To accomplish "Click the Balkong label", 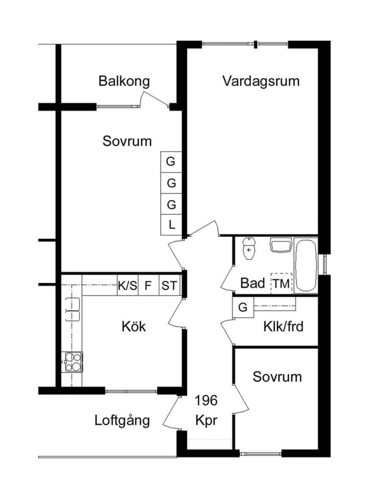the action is click(x=124, y=81).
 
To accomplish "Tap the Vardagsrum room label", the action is click(x=261, y=81).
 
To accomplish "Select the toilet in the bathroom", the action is click(x=249, y=249).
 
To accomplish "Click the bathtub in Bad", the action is click(x=305, y=266).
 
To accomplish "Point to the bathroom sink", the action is click(x=280, y=245).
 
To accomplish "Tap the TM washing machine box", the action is click(x=281, y=283).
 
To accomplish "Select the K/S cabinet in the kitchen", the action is click(x=128, y=285).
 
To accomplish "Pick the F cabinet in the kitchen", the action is click(x=149, y=285).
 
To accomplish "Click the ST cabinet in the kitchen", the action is click(x=170, y=285).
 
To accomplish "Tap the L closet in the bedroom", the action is click(x=171, y=225).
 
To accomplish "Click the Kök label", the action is click(x=134, y=326).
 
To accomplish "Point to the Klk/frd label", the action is click(x=283, y=327).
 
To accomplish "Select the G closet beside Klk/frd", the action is click(x=243, y=307).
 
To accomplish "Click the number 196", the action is click(x=206, y=400).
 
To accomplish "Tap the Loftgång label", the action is click(x=122, y=421).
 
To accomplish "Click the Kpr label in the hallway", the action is click(x=206, y=421).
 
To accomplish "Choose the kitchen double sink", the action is click(x=72, y=309).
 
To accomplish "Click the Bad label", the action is click(x=253, y=283).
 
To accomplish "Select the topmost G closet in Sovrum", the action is click(x=171, y=162).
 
